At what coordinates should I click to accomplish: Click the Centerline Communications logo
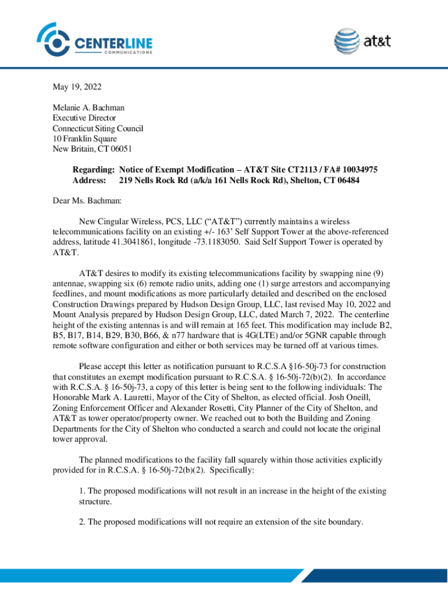pyautogui.click(x=95, y=40)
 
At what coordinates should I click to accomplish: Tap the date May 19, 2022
pyautogui.click(x=77, y=87)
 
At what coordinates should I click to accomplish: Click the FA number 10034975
pyautogui.click(x=356, y=170)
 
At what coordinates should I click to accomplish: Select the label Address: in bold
pyautogui.click(x=88, y=180)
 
